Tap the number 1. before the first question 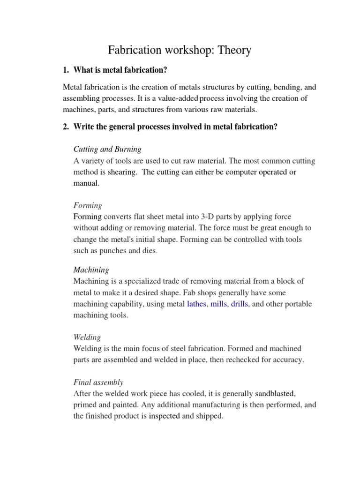click(66, 70)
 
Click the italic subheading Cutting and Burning click(107, 149)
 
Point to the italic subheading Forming click(88, 205)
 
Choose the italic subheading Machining click(91, 270)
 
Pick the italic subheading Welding click(87, 337)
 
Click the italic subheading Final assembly click(98, 382)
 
